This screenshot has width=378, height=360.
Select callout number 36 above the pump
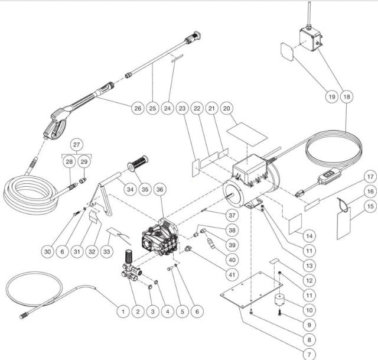coord(160,190)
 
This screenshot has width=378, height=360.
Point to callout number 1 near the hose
coord(122,309)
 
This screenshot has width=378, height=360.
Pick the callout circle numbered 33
coord(107,251)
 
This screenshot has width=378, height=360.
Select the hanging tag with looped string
coord(344,222)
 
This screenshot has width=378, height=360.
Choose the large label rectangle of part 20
coord(243,130)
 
